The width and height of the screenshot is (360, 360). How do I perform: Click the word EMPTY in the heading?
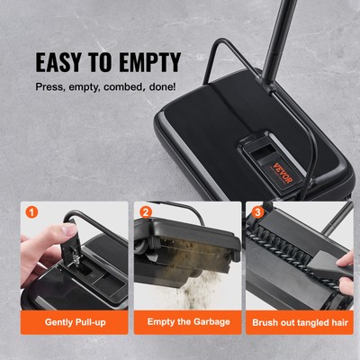point(148,62)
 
